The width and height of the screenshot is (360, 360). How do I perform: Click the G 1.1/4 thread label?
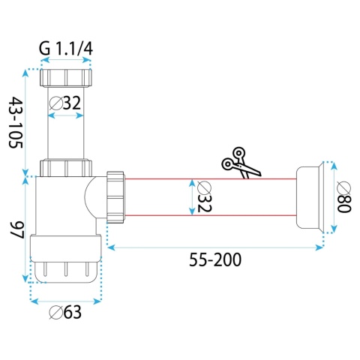point(66,49)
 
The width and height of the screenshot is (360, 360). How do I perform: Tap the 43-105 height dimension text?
point(16,122)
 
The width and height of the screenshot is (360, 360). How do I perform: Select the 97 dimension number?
point(16,230)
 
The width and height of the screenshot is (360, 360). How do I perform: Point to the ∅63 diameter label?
point(65,312)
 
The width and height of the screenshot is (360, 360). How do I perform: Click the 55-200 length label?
point(215,259)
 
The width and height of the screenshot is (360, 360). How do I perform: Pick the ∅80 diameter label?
point(344,196)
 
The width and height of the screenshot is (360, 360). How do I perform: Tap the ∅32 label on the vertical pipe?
point(65,103)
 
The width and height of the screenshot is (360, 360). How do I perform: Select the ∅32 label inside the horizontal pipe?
point(204,196)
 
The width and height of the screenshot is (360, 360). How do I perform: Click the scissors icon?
point(241,163)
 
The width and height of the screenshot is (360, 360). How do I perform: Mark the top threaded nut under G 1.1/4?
point(66,78)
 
